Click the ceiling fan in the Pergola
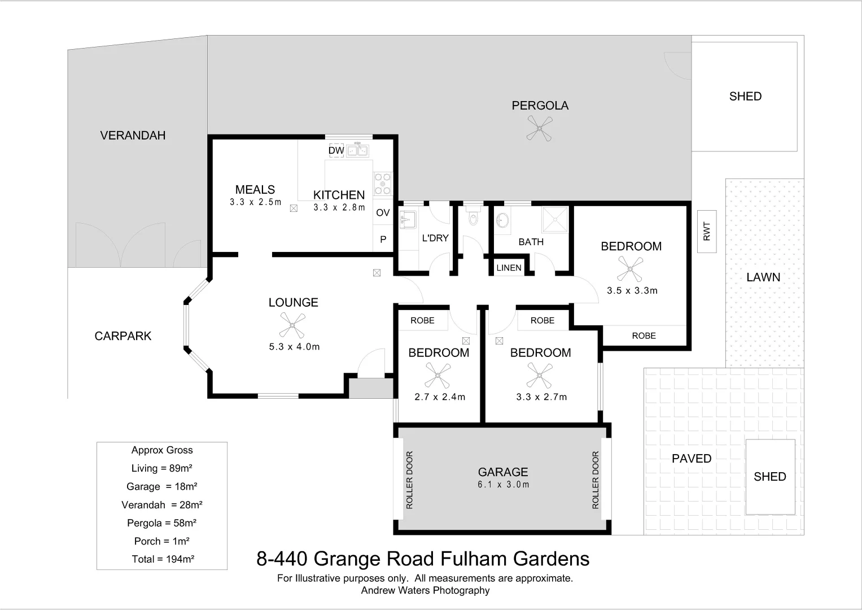tap(539, 128)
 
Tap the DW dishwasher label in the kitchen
tap(336, 151)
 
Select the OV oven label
tap(383, 213)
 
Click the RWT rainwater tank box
tap(707, 231)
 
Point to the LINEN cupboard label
tap(509, 268)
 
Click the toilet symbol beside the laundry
tap(473, 217)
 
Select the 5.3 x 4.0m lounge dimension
tap(294, 347)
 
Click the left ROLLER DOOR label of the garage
tap(410, 480)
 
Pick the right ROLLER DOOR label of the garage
tap(595, 480)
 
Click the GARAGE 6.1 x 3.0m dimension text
tap(503, 485)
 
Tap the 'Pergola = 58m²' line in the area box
tap(161, 523)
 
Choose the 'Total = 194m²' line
tap(163, 559)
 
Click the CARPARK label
tap(123, 336)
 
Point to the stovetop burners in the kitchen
tap(382, 183)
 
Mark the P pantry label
tap(383, 239)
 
